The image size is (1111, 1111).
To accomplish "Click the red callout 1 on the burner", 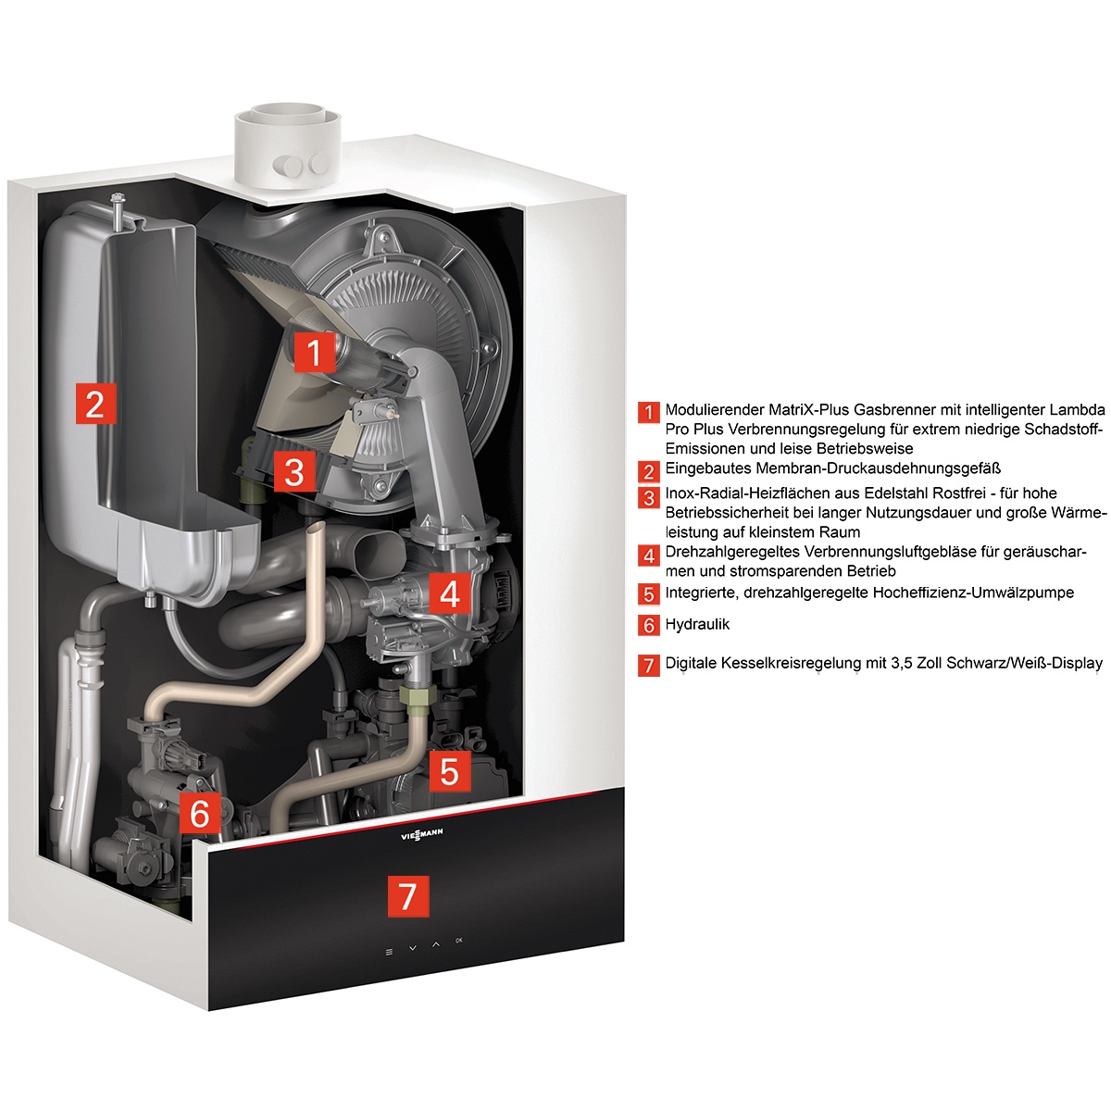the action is click(x=314, y=352).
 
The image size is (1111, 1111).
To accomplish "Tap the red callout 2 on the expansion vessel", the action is click(x=95, y=404).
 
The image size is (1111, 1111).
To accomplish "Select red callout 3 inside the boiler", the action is click(x=294, y=471).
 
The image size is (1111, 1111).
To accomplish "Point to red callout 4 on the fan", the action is click(x=450, y=593).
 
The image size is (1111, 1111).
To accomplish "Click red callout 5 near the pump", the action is click(x=450, y=771).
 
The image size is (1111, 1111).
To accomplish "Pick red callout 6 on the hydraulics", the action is click(x=200, y=813).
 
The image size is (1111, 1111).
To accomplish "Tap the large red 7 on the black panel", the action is click(x=408, y=896).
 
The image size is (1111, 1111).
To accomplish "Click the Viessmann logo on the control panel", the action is click(x=422, y=834).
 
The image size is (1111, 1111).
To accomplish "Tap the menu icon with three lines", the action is click(x=389, y=952).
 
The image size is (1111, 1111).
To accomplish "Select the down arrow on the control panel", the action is click(x=413, y=948).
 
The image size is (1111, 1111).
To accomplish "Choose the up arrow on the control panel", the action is click(x=436, y=944).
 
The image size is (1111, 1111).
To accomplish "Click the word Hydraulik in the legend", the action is click(x=697, y=624).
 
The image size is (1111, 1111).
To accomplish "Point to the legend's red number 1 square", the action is click(x=649, y=412).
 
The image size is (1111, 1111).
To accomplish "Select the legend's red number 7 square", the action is click(x=649, y=666).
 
